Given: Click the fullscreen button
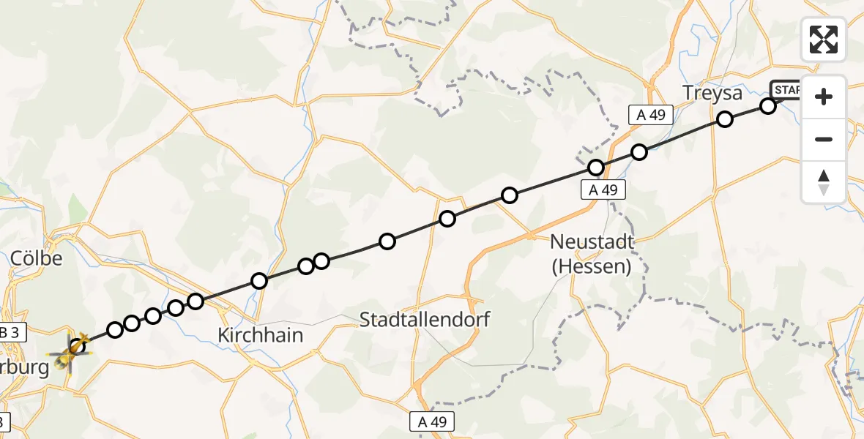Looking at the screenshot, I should [824, 39].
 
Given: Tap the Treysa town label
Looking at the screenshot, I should [712, 94].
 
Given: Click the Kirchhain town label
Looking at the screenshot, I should [260, 335].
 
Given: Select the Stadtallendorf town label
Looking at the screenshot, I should [425, 319].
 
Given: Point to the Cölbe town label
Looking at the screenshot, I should [37, 259].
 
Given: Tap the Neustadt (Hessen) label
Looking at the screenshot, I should [592, 253].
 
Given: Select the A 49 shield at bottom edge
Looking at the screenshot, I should [432, 421].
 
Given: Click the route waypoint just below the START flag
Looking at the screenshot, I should [767, 106].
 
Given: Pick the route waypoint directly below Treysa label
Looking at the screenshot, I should [724, 119].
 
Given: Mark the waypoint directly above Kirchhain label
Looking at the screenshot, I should [258, 281].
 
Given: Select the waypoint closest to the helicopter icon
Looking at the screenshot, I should [115, 330].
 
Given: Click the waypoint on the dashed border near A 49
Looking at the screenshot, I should [596, 168].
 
